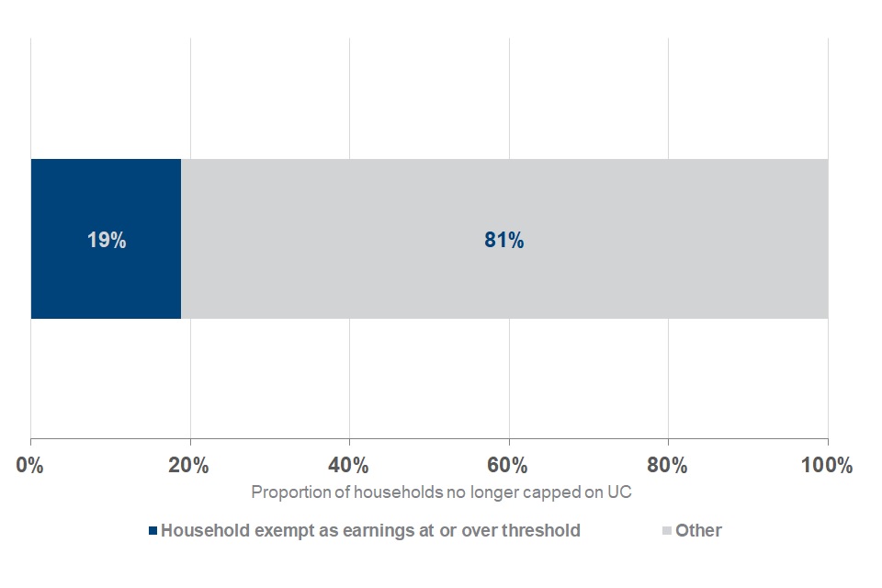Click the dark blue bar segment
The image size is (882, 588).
(x=106, y=276)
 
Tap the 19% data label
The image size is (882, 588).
(x=107, y=241)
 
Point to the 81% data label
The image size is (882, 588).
(x=503, y=241)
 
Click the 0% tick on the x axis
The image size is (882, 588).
(x=31, y=465)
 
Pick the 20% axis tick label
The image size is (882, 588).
(x=190, y=465)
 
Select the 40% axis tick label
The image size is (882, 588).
(x=349, y=465)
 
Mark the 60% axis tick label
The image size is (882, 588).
(x=508, y=465)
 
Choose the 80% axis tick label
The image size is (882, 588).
(x=668, y=465)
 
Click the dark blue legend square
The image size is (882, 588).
(x=153, y=531)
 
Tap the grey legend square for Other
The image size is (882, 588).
(x=667, y=531)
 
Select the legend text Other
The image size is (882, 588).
(x=698, y=530)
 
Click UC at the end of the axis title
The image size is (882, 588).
(x=621, y=492)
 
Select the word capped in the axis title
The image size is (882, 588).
(x=548, y=492)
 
